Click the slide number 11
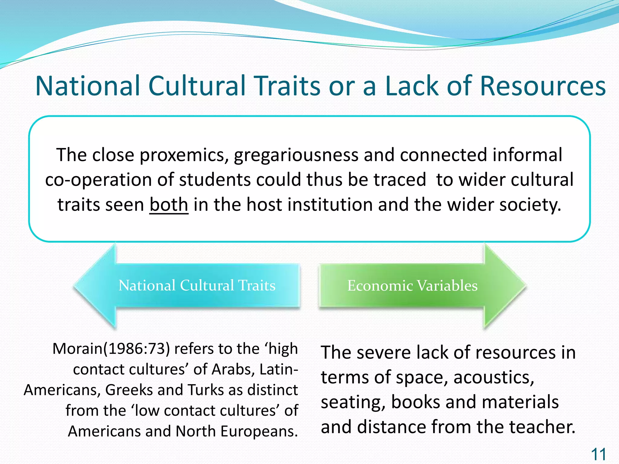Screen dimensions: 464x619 pos(598,454)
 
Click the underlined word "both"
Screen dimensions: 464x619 pos(169,205)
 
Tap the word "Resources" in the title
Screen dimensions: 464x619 pos(543,86)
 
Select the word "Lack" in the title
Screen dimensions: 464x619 pos(412,86)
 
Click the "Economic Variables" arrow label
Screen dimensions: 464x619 pos(412,285)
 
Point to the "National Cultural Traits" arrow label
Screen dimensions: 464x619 pos(197,285)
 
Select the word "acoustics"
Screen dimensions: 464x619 pos(494,378)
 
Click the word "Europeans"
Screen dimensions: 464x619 pos(259,431)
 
